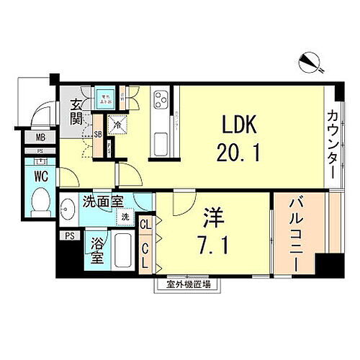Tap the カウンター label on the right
click(x=333, y=144)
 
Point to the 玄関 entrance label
click(x=76, y=116)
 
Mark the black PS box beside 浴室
click(x=69, y=235)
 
